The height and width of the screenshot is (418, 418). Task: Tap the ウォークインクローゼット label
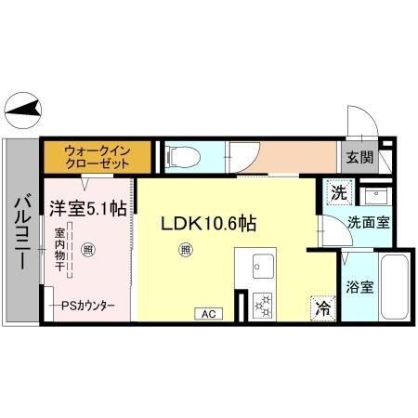tap(96, 154)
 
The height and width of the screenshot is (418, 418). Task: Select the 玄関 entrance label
tap(360, 156)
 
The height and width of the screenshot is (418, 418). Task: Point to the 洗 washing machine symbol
tap(338, 194)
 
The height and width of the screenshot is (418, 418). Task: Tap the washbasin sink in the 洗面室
tap(376, 197)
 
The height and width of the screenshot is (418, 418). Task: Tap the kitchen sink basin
tap(259, 270)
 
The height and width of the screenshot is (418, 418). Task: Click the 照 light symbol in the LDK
tap(187, 249)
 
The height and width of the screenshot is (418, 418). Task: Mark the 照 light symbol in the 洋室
tap(87, 249)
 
